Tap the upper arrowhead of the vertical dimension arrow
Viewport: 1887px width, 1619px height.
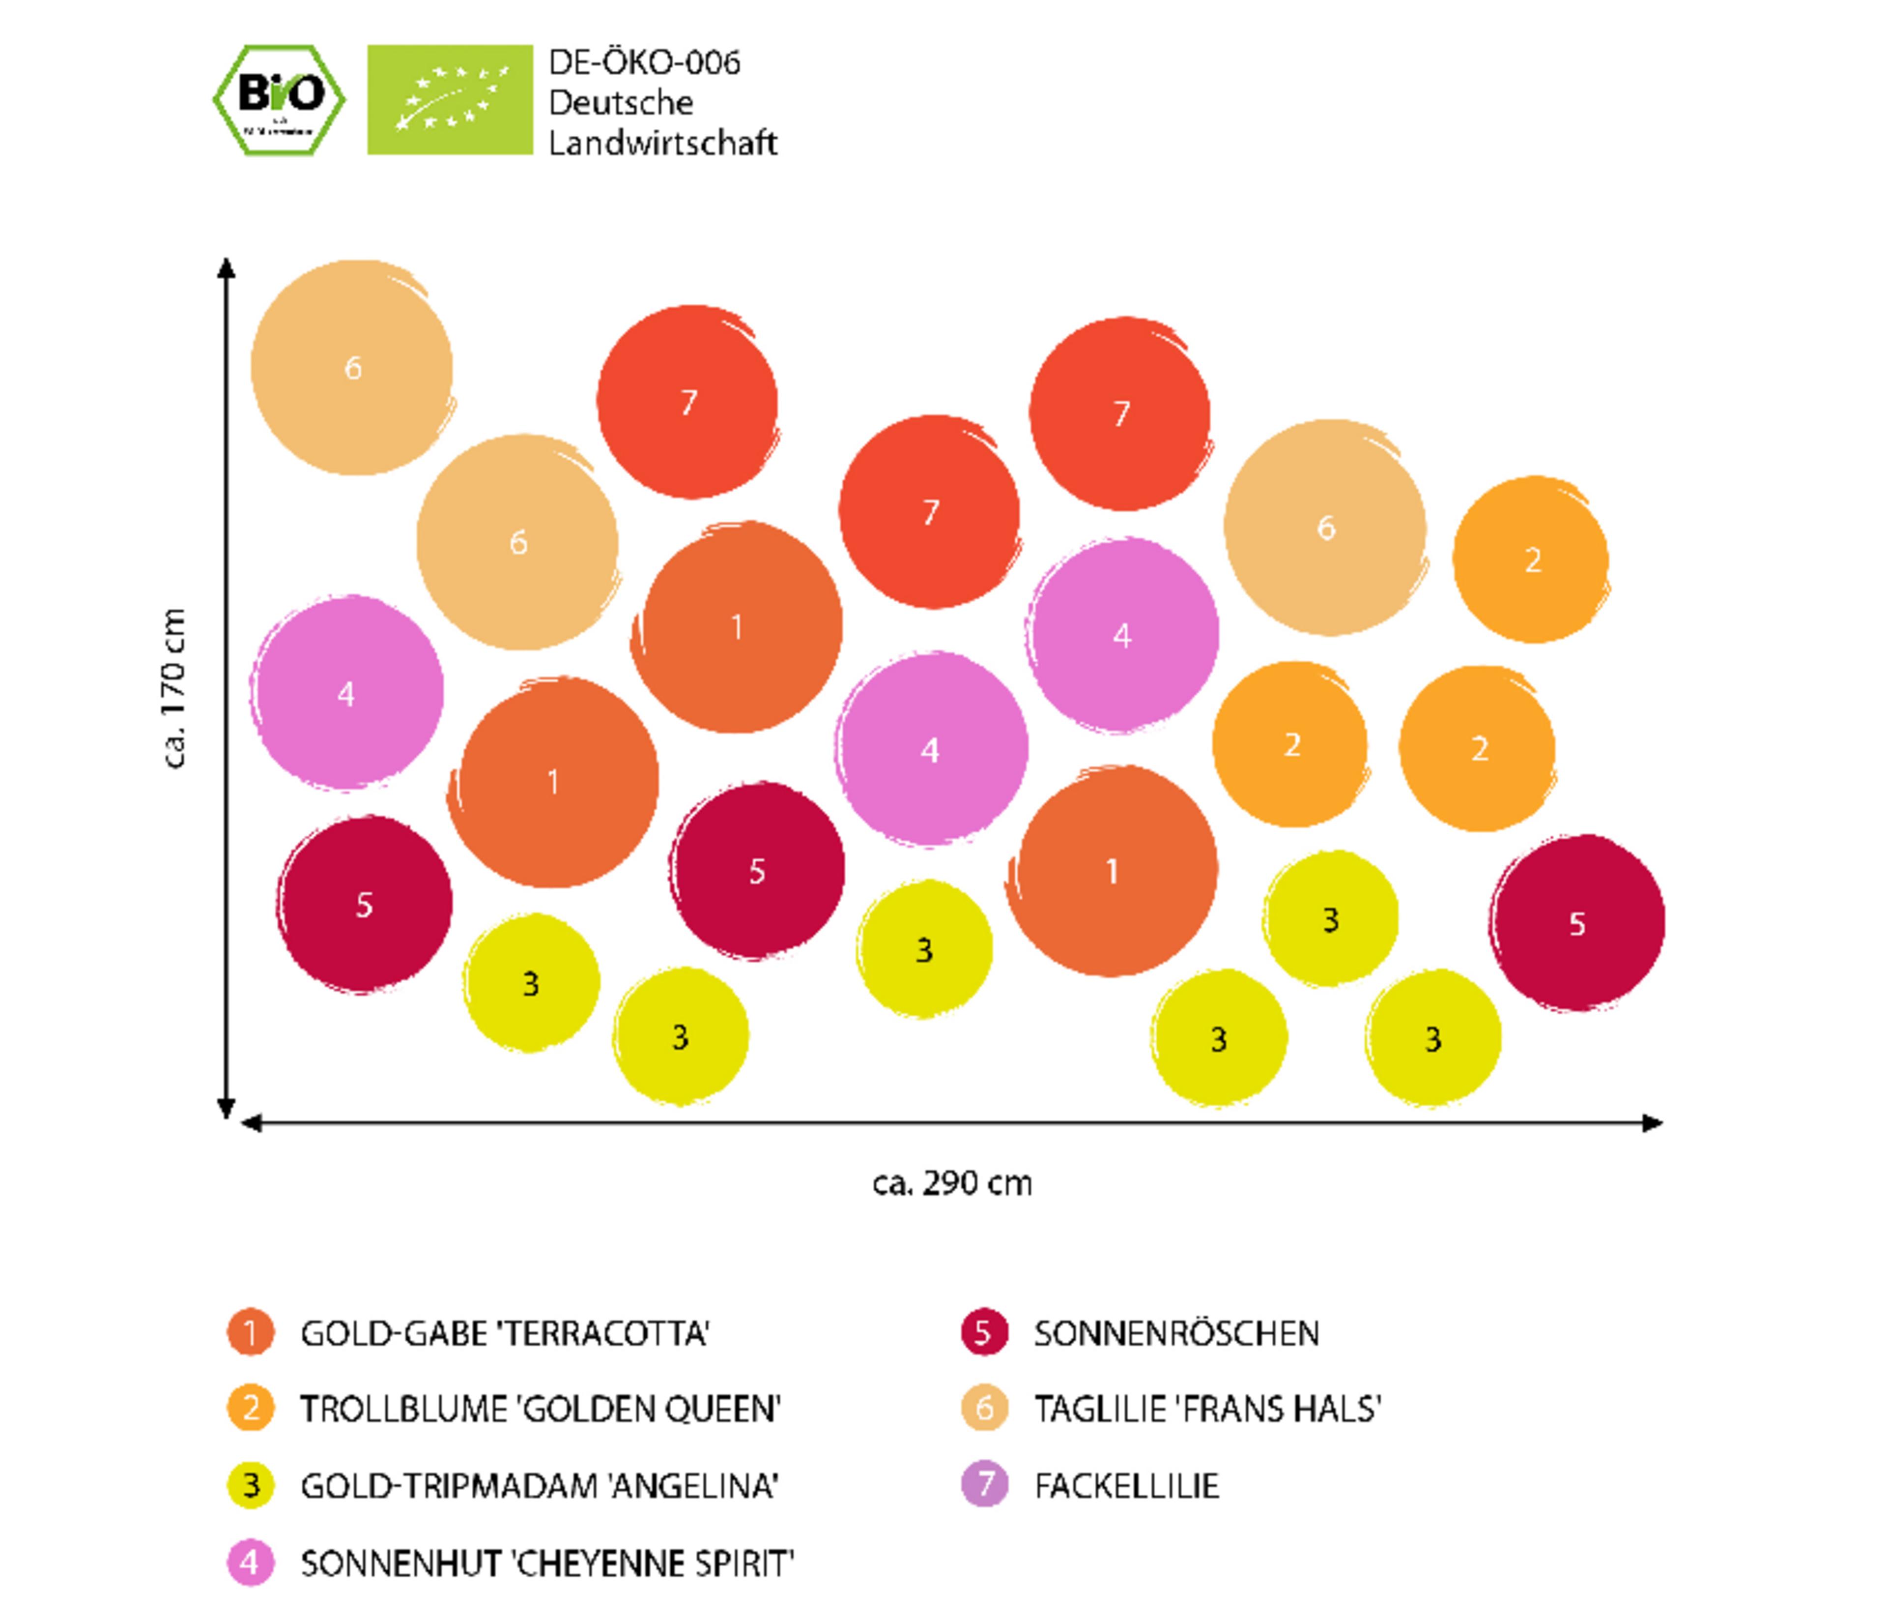227,268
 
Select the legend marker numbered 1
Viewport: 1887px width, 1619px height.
251,1333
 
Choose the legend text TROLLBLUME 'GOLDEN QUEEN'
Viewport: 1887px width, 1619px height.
540,1410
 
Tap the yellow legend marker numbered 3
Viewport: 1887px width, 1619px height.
251,1485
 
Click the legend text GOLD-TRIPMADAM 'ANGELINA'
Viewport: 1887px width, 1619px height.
539,1486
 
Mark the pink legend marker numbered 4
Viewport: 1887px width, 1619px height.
251,1563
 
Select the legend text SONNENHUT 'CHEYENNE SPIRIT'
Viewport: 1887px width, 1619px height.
547,1563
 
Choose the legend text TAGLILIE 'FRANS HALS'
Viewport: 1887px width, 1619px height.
1207,1410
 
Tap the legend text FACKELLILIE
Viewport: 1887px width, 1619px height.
1127,1486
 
